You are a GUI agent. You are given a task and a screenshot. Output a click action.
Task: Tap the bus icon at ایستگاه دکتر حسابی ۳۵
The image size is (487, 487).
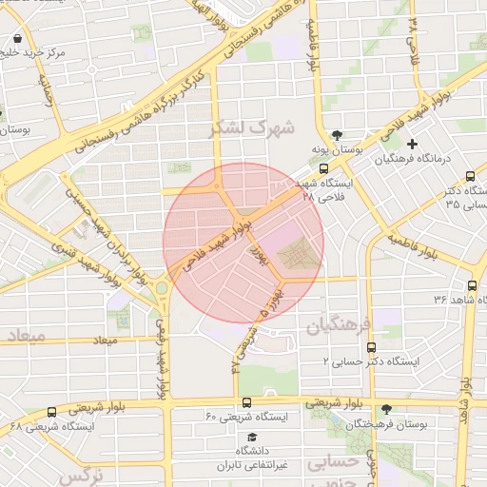tap(471, 176)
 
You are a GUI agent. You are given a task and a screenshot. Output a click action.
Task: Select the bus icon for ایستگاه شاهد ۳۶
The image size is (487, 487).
tap(472, 284)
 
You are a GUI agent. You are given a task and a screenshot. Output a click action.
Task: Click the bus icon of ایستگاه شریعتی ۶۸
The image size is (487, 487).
tap(51, 412)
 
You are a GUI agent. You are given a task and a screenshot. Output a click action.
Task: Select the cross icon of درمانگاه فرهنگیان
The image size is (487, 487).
tap(411, 144)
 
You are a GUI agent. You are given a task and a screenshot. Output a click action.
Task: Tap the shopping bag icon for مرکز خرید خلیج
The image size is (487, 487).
tap(18, 40)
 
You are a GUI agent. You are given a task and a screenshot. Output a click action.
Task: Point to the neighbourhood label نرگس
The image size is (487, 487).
tap(80, 475)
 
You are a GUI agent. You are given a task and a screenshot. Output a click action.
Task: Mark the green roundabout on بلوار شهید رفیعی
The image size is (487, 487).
tap(161, 287)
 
